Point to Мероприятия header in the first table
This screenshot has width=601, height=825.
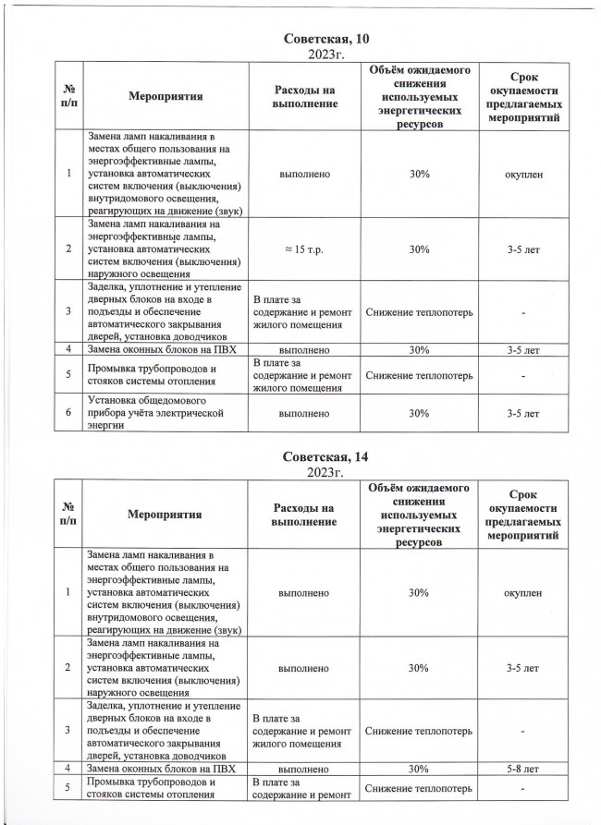166,96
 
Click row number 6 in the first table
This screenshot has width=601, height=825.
69,413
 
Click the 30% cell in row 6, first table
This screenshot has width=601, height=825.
418,413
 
